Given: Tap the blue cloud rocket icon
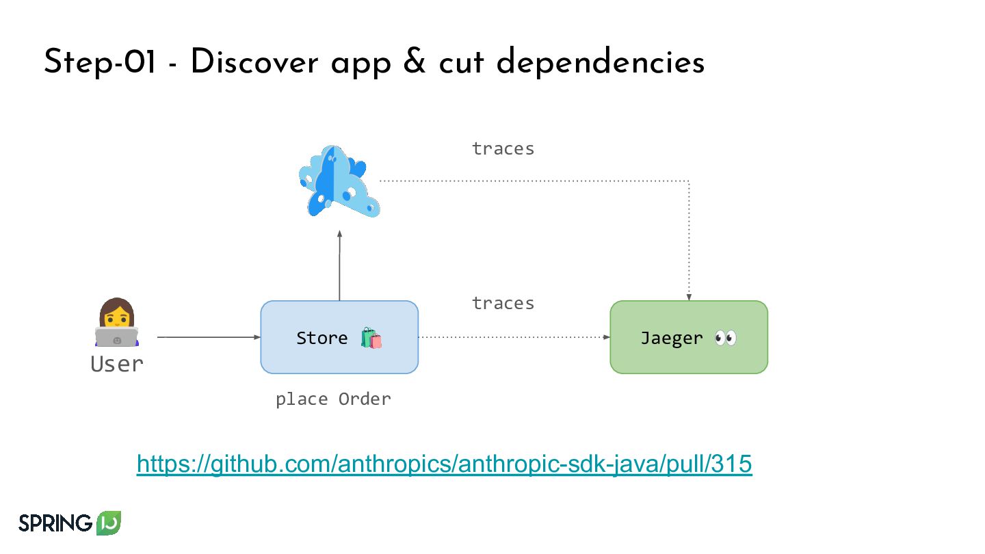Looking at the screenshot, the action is [339, 181].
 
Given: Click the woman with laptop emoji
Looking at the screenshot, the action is [116, 323].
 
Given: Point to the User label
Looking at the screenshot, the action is [117, 364].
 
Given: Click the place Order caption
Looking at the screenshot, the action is [333, 399].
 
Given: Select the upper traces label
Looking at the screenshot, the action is [503, 148].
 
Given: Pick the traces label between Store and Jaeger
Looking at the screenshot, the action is [503, 303].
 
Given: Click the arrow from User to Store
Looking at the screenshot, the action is [209, 337].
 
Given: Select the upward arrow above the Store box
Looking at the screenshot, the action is [339, 267].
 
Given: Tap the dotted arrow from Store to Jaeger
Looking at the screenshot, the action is [513, 337].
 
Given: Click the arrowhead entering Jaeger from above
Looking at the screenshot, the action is [689, 297].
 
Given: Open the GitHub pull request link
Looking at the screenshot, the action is [445, 464].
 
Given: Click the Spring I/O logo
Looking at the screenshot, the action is [70, 523].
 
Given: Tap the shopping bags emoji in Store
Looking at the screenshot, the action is [371, 338].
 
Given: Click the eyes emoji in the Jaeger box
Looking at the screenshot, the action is [725, 338].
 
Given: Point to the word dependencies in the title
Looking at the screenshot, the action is [601, 63].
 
